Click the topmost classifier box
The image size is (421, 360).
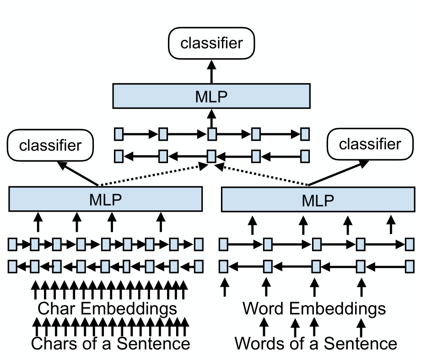pyautogui.click(x=211, y=43)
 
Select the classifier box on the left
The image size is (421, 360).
pyautogui.click(x=50, y=146)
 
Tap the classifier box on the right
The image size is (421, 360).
pyautogui.click(x=370, y=144)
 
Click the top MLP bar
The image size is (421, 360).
pyautogui.click(x=211, y=96)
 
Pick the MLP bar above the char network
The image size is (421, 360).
pyautogui.click(x=106, y=199)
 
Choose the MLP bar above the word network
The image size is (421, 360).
pyautogui.click(x=318, y=200)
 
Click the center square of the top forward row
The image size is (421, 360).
pyautogui.click(x=211, y=135)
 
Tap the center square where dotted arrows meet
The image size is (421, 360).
pyautogui.click(x=211, y=156)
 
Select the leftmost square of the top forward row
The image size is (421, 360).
pyautogui.click(x=119, y=135)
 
